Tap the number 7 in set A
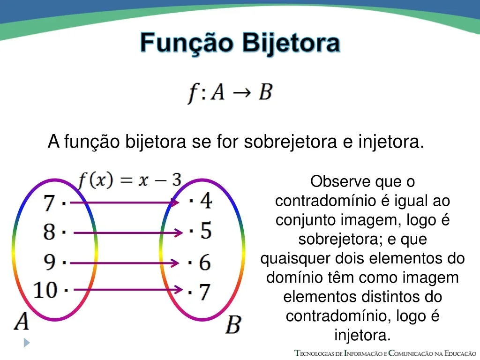tap(49, 203)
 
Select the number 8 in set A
tap(49, 232)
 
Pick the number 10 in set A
tap(45, 290)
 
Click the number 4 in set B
tap(206, 201)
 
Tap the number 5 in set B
tap(206, 230)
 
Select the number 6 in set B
tap(205, 262)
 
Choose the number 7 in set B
tap(205, 292)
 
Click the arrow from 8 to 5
tap(128, 232)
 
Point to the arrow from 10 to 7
tap(128, 289)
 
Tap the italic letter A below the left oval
tap(22, 321)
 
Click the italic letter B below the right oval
tap(233, 325)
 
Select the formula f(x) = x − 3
tap(130, 180)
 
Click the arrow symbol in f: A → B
tap(242, 92)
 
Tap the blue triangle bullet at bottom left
tap(27, 343)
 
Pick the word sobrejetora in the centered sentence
tap(290, 142)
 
